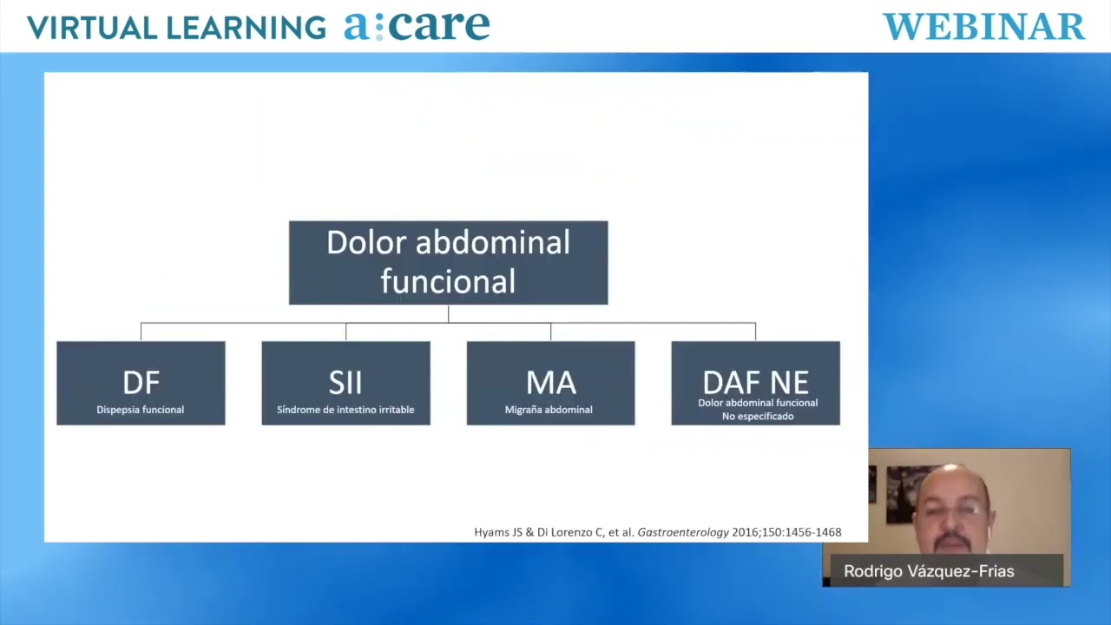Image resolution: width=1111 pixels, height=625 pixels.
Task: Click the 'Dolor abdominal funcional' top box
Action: pos(449,262)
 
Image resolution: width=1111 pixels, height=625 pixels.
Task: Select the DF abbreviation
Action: pos(141,383)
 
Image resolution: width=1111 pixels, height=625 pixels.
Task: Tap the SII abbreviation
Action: pos(345,383)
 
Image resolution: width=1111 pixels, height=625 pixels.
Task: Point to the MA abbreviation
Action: pos(551,383)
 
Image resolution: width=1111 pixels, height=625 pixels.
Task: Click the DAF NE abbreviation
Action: pos(756,383)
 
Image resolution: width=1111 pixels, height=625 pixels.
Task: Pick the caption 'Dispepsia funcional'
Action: pos(141,410)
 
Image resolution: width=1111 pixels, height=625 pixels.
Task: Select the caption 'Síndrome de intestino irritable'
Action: pos(345,410)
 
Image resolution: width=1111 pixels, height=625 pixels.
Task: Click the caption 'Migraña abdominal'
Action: pos(549,410)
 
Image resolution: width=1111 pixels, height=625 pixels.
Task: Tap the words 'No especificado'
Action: pos(758,416)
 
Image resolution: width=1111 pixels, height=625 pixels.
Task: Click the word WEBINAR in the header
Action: pos(984,27)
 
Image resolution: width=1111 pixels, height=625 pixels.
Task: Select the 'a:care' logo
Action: pos(417,25)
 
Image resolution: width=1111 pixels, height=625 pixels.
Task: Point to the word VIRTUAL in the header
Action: pos(92,27)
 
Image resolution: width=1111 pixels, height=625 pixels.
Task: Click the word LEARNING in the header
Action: pos(247,27)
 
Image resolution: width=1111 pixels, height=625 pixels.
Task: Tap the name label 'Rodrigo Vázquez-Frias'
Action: pos(929,571)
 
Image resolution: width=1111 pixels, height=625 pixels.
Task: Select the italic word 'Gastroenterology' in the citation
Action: pos(683,533)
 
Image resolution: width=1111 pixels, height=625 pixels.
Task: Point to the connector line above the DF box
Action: pos(141,332)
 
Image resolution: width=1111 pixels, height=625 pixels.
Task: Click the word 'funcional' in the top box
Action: pos(448,281)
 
